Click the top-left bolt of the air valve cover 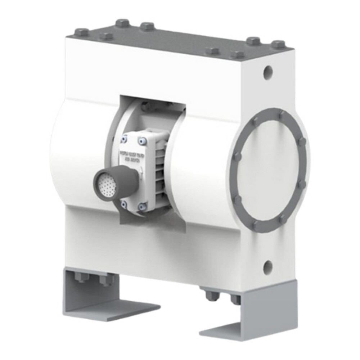click(x=125, y=139)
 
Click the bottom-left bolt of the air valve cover click(x=124, y=204)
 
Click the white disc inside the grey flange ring click(x=268, y=169)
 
